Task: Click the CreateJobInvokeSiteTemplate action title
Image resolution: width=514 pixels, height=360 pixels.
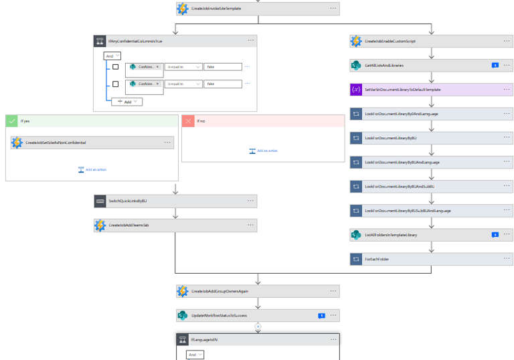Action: pos(216,9)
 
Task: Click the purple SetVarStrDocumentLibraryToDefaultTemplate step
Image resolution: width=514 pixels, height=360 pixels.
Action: pos(402,90)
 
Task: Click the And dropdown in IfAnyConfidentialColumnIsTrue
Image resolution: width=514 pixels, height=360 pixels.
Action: pos(112,56)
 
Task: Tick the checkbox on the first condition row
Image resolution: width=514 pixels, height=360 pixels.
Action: pos(116,67)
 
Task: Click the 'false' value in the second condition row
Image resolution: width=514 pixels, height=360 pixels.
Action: pos(222,84)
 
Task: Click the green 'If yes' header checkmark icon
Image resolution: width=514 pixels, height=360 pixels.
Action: pos(12,120)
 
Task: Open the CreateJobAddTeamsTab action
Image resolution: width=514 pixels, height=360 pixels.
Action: pos(128,226)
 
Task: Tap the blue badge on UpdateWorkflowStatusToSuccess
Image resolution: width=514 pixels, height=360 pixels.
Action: pos(321,315)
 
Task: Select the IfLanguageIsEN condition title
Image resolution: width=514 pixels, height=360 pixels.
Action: pos(205,340)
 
